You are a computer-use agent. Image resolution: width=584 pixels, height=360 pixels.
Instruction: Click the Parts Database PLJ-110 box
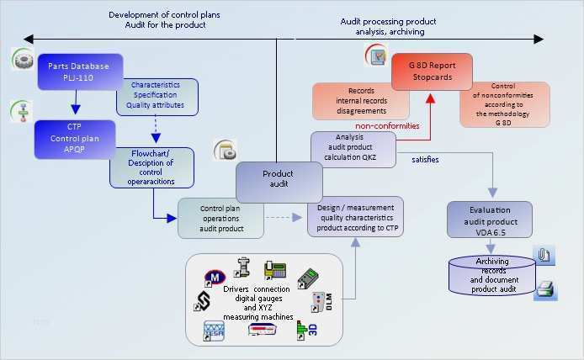pos(80,71)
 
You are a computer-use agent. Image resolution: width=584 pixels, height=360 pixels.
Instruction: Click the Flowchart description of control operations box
pos(151,167)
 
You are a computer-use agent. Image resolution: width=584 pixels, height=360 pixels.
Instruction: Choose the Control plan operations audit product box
pos(221,217)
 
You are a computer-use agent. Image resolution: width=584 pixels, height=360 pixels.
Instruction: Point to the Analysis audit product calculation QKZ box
pos(353,148)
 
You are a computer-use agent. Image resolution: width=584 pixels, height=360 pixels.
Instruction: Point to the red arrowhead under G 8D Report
pos(431,98)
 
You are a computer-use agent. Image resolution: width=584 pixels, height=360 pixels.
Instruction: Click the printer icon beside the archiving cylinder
pos(544,289)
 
